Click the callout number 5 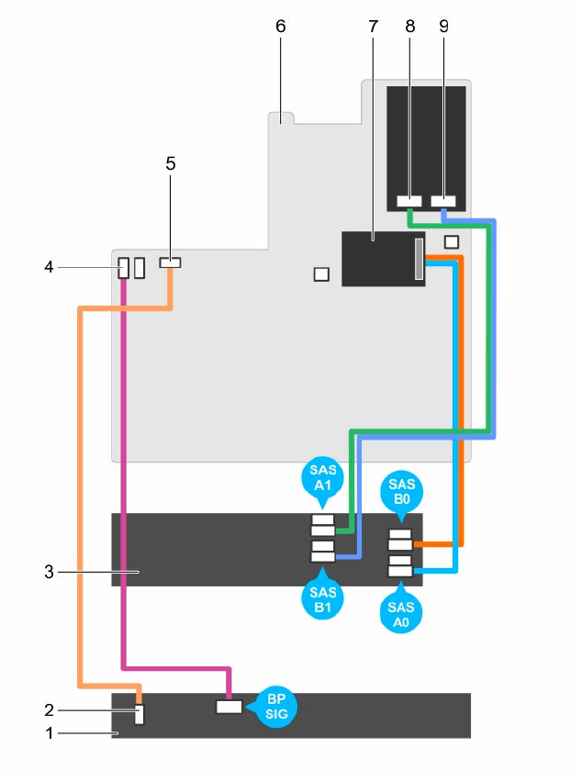170,163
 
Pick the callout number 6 281,26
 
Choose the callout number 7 373,26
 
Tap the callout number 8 409,26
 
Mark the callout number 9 444,26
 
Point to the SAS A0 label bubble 400,611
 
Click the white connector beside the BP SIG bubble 229,708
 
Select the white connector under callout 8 409,200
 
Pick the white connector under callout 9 444,200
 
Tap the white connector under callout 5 170,262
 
